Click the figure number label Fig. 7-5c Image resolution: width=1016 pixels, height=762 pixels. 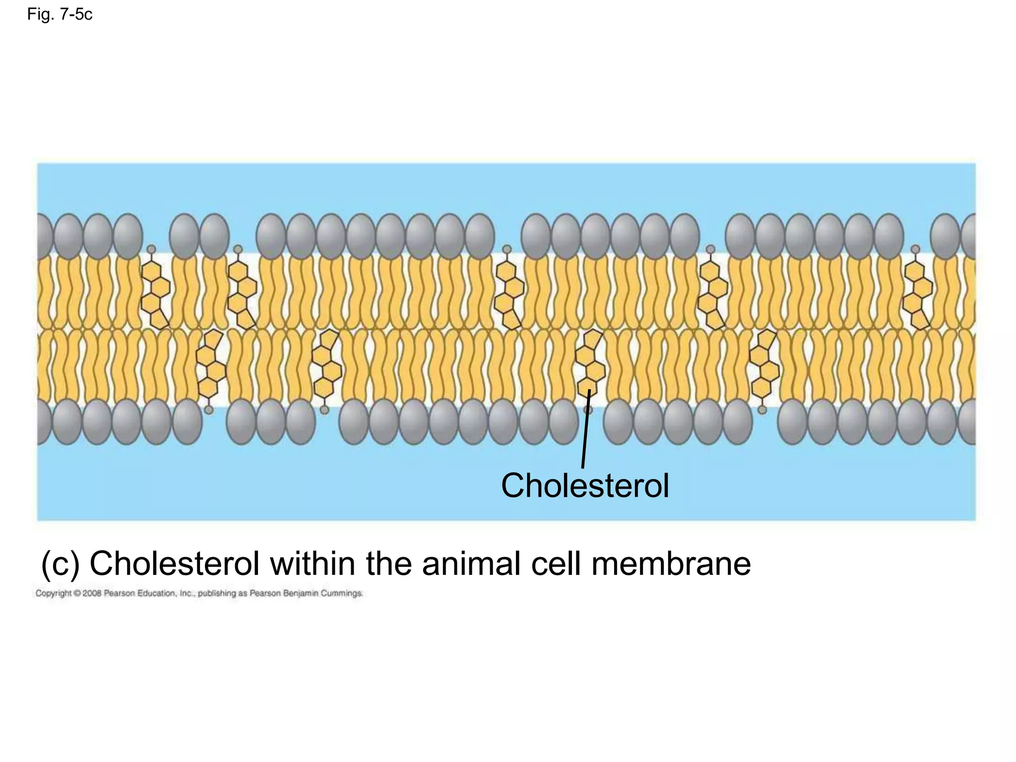click(x=60, y=15)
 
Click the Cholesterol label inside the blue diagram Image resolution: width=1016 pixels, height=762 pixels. click(x=585, y=486)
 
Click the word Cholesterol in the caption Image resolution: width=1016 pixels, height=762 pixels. click(x=174, y=564)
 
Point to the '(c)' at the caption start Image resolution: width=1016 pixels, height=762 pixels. click(x=60, y=564)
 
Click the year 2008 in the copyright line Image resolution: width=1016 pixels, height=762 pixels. click(x=92, y=593)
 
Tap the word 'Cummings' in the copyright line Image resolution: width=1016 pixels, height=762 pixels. click(x=342, y=593)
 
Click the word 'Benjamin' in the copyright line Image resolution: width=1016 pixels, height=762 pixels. click(x=300, y=593)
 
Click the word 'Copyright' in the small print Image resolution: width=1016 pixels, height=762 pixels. click(x=53, y=593)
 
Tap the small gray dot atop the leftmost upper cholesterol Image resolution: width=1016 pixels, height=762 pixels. click(x=151, y=249)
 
